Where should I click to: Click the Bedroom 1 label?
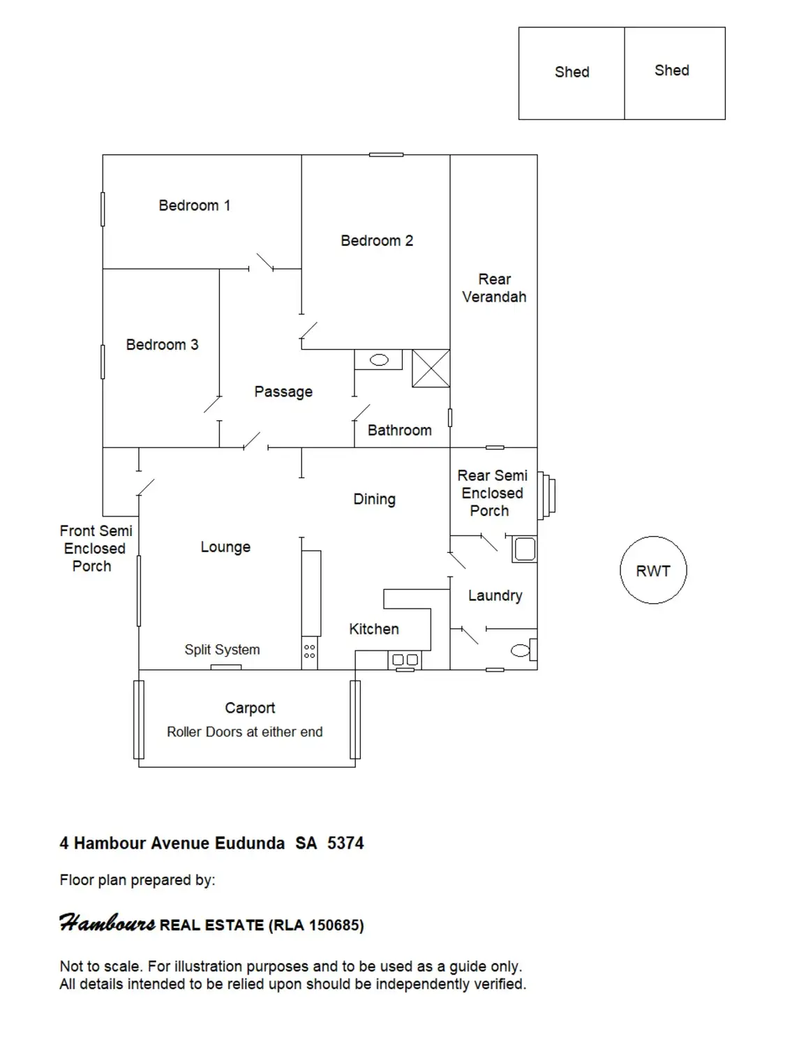coord(194,205)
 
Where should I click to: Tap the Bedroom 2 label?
coord(376,240)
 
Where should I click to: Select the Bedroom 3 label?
coord(162,344)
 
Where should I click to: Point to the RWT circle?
coord(652,570)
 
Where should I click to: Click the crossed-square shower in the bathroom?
coord(431,369)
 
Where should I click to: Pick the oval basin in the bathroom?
coord(379,360)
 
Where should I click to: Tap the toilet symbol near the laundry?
coord(523,650)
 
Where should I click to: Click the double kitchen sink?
coord(405,660)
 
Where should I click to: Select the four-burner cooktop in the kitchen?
coord(309,651)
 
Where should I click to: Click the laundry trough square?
coord(525,549)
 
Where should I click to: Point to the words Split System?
coord(222,650)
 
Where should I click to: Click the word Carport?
coord(250,708)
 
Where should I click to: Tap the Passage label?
coord(283,392)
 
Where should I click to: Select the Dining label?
coord(374,499)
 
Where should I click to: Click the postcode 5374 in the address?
coord(345,843)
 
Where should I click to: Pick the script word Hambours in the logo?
coord(107,923)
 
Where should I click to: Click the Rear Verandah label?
coord(494,288)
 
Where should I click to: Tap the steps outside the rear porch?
coord(546,495)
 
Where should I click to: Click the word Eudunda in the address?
coord(249,843)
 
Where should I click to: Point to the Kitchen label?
coord(374,629)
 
